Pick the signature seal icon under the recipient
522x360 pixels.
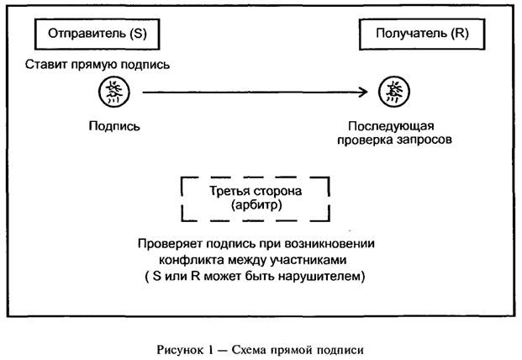pyautogui.click(x=392, y=92)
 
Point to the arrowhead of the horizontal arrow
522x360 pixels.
pyautogui.click(x=366, y=93)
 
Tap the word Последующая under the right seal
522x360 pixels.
pyautogui.click(x=392, y=125)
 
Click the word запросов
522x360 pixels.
pyautogui.click(x=425, y=140)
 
